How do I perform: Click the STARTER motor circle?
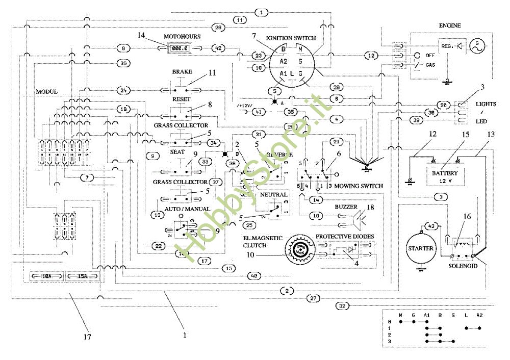(x=421, y=248)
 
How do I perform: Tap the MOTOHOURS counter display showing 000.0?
(x=180, y=48)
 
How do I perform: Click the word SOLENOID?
(x=463, y=266)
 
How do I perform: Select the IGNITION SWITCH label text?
(x=291, y=38)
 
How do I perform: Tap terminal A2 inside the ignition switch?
(x=284, y=61)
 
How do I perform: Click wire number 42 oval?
(x=218, y=48)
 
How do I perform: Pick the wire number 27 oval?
(x=314, y=298)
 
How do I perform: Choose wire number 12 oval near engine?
(x=372, y=55)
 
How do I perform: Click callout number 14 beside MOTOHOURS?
(x=141, y=35)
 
